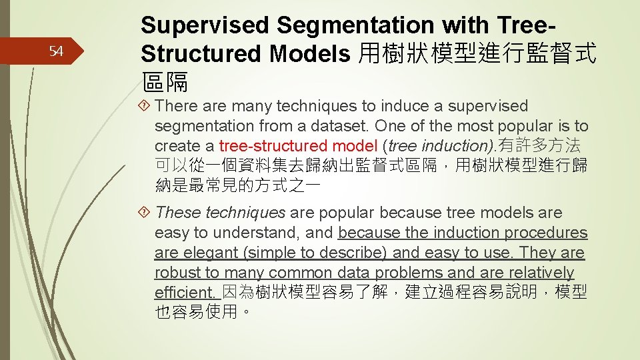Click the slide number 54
coord(57,52)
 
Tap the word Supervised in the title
coord(205,25)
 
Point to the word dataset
coord(337,126)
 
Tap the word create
coord(177,146)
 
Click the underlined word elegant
coord(207,253)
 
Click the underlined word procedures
coord(546,233)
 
